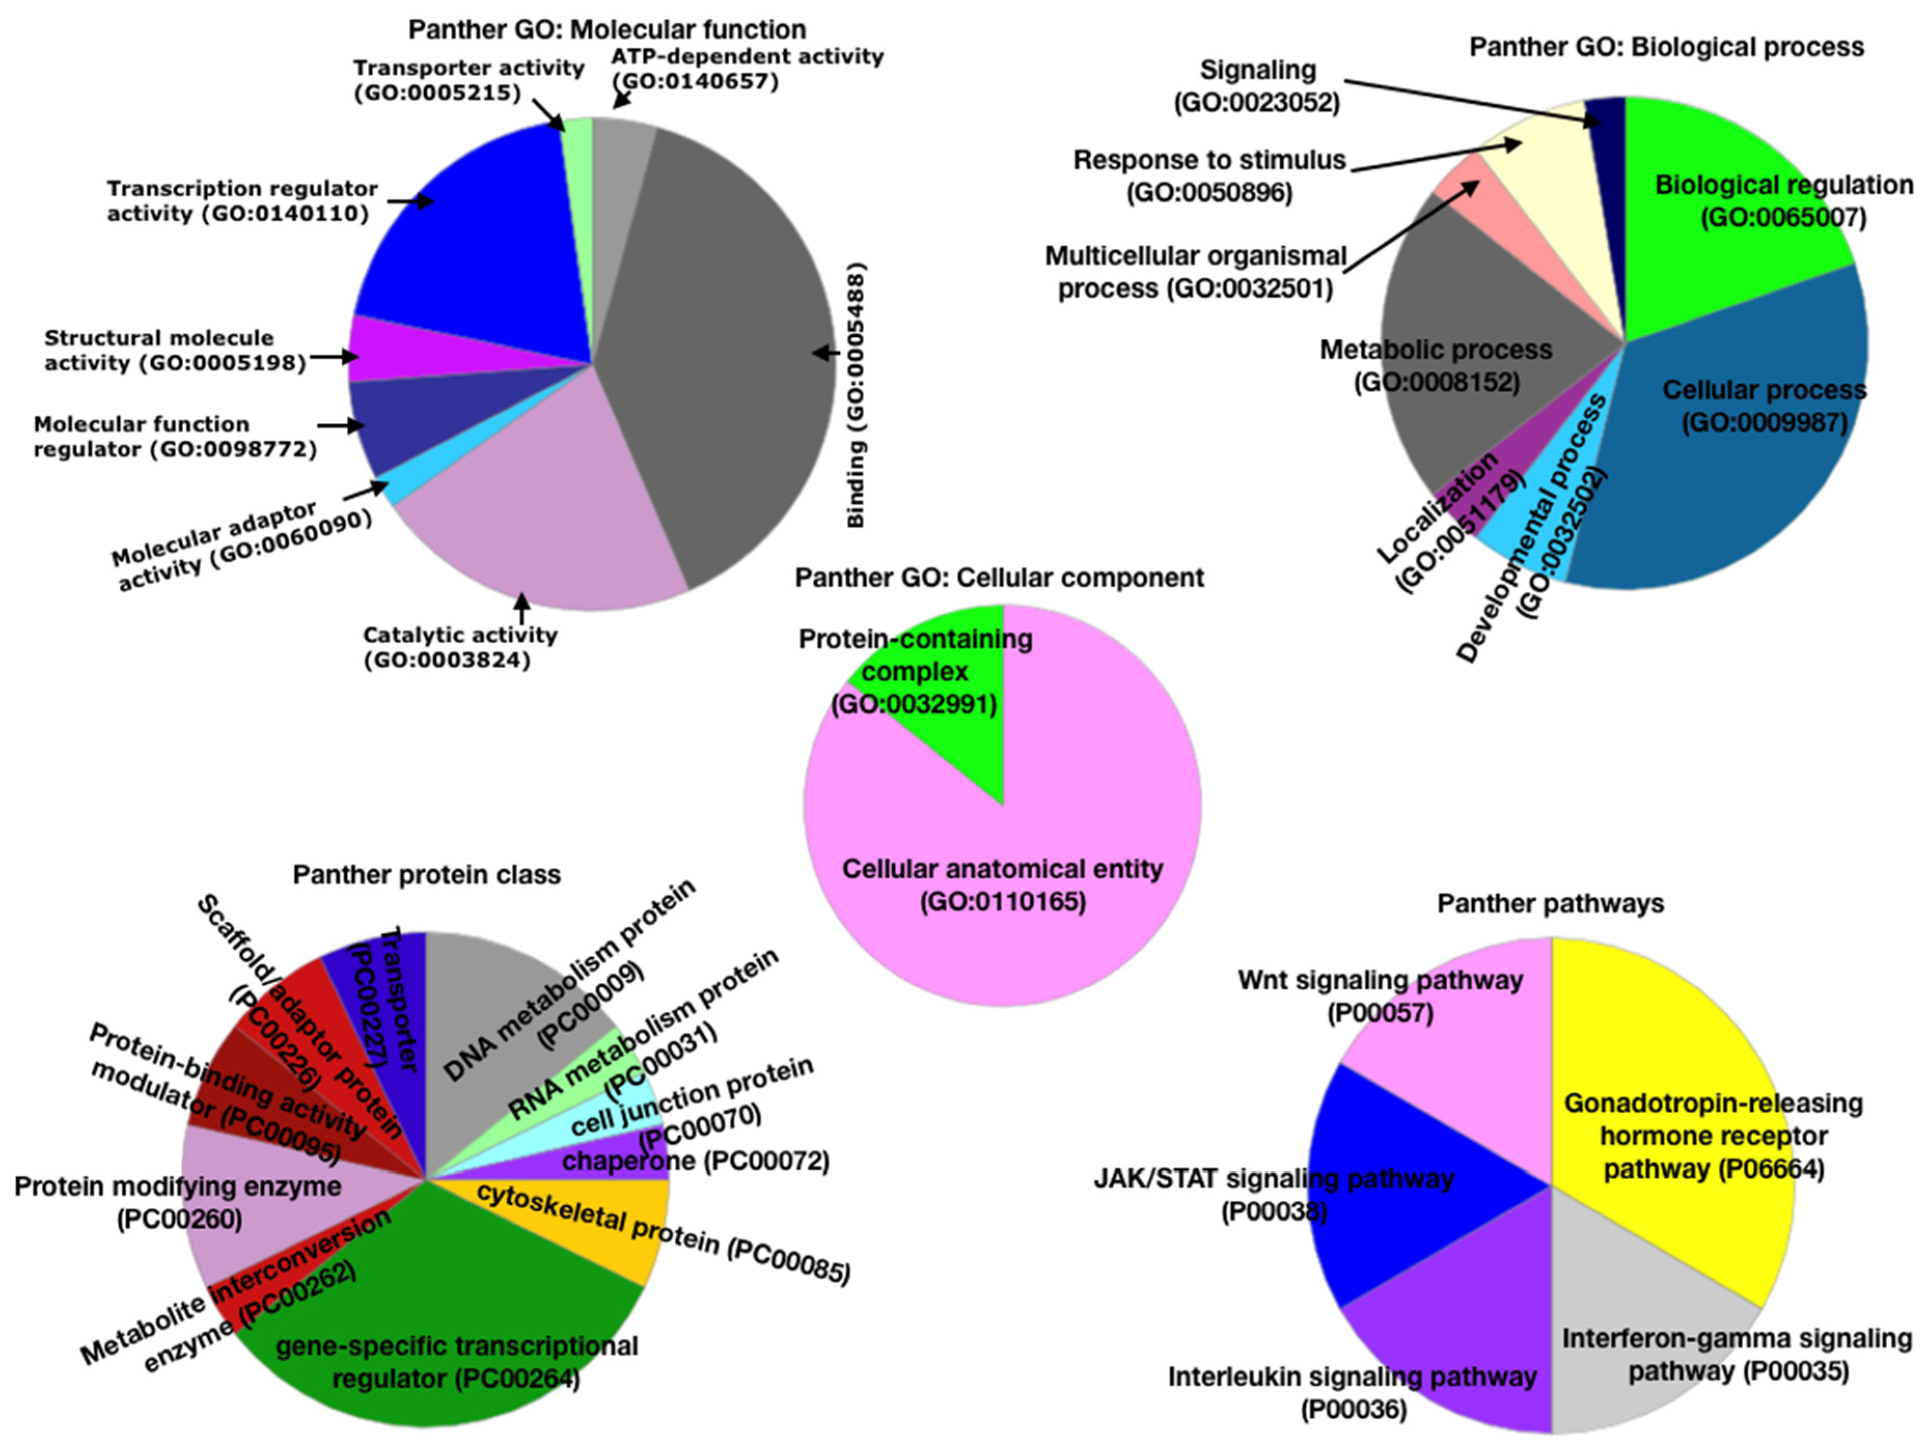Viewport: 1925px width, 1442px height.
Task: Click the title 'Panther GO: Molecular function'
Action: click(606, 30)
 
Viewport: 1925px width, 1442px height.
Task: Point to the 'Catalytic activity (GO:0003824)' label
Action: click(460, 647)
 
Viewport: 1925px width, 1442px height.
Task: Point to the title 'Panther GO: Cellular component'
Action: click(999, 578)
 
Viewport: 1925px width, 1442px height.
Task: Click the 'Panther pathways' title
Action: click(1550, 903)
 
